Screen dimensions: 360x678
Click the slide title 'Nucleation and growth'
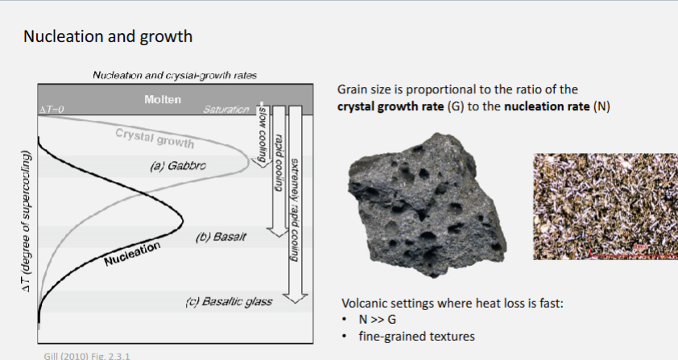point(107,36)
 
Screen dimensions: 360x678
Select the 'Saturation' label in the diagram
point(227,109)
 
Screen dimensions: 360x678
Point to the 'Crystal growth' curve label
point(155,138)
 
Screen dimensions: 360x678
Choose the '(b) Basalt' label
point(219,238)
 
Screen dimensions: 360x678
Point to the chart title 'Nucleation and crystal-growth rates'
point(175,75)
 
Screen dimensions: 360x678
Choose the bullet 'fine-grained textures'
point(412,336)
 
